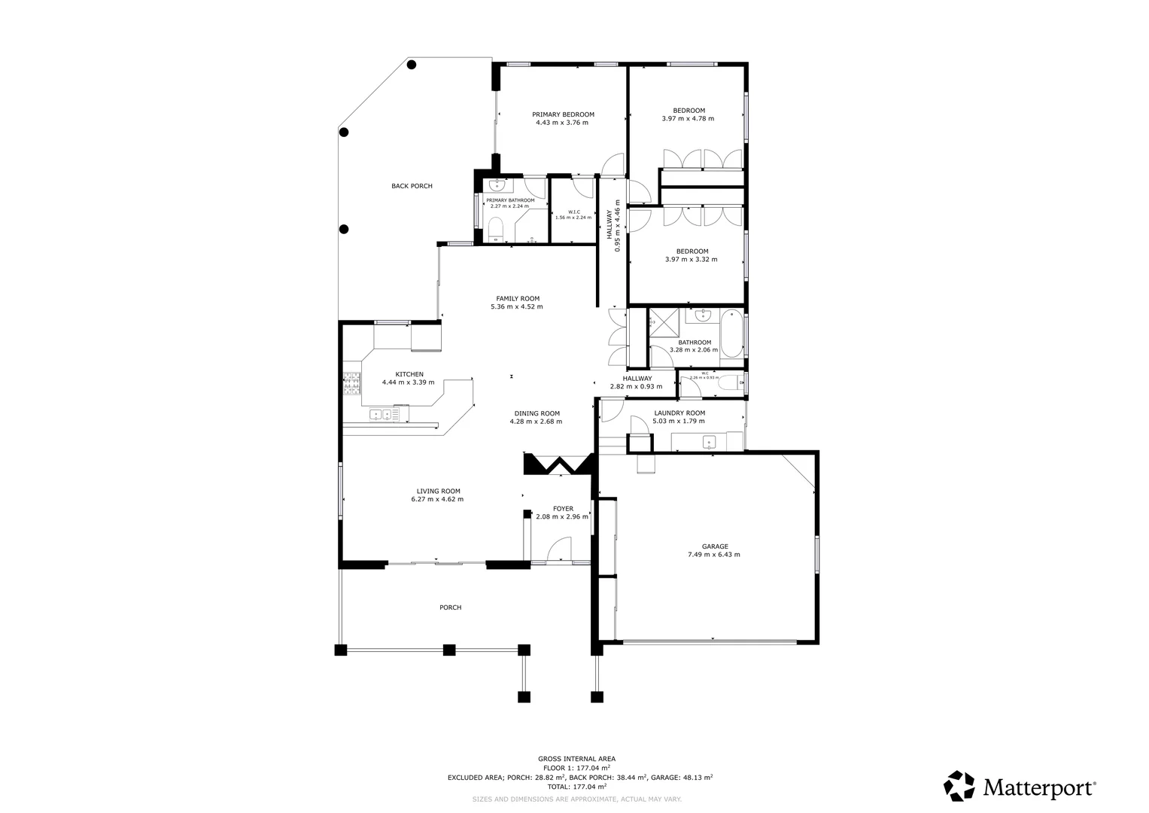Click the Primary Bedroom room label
tap(563, 114)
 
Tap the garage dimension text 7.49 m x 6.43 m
tap(713, 555)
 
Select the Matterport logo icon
tap(959, 786)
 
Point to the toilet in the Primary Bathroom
tap(496, 229)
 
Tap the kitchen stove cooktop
tap(351, 384)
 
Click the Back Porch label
tap(412, 186)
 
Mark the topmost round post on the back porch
tap(412, 65)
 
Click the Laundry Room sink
tap(708, 441)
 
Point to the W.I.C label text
tap(574, 212)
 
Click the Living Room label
tap(436, 491)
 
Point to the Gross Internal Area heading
tap(576, 759)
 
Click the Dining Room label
tap(537, 413)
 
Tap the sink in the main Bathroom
tap(704, 315)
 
